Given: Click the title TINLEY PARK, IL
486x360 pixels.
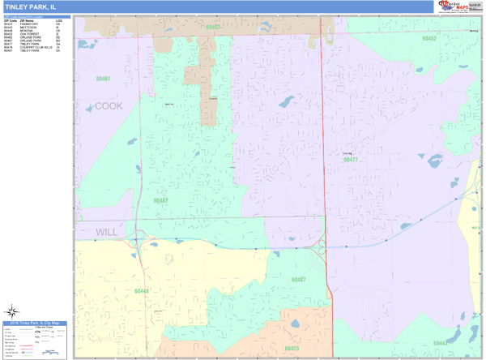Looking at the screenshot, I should [x=30, y=6].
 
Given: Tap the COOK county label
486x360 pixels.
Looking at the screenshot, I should [x=109, y=106].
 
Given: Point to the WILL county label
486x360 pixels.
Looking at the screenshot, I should [x=107, y=232].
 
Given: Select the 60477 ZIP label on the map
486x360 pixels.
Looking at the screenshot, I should [x=350, y=160].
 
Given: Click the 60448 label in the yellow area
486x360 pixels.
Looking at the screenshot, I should [x=142, y=291].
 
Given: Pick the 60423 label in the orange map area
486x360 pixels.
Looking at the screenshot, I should [x=291, y=349].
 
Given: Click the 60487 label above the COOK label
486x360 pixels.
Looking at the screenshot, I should [x=103, y=79].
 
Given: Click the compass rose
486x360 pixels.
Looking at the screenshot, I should [x=12, y=311].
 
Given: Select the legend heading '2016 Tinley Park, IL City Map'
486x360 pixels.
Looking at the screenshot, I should [x=36, y=323].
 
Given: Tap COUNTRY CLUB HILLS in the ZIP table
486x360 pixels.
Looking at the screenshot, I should [x=36, y=47].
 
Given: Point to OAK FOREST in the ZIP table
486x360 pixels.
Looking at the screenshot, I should [x=29, y=34].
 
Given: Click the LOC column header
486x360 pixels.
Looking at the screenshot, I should [x=59, y=20].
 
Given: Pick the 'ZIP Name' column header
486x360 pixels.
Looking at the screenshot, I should [x=27, y=20].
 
